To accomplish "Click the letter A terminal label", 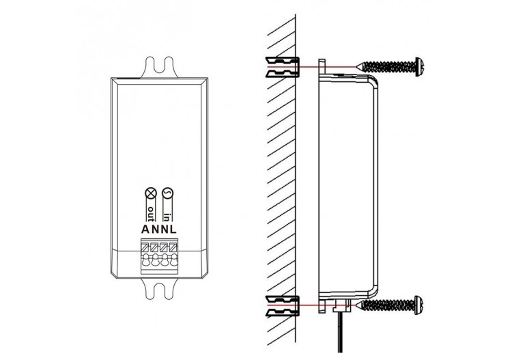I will coord(145,230).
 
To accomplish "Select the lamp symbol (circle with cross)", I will coord(150,193).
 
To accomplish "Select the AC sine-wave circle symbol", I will coord(168,193).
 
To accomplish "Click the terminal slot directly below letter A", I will coord(145,247).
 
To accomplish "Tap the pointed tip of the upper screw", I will coord(360,66).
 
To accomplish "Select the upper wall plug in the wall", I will coord(281,66).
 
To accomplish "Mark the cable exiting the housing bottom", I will coord(339,335).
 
